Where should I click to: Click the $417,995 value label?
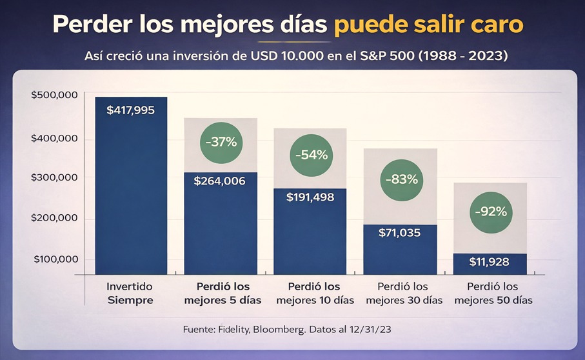coord(130,110)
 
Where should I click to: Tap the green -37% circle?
coord(221,143)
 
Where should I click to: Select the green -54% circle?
coord(312,155)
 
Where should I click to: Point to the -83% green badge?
coord(401,180)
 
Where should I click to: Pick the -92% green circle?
coord(491,211)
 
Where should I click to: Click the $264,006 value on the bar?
coord(220,181)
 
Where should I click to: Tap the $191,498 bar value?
coord(310,197)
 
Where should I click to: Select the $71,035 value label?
coord(400,233)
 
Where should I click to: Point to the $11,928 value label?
coord(490,262)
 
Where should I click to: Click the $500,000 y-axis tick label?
coord(55,95)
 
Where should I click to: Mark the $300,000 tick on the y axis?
coord(55,177)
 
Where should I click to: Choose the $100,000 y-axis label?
coord(55,259)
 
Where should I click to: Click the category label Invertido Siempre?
coord(130,293)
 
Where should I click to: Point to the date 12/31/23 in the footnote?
coord(370,329)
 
